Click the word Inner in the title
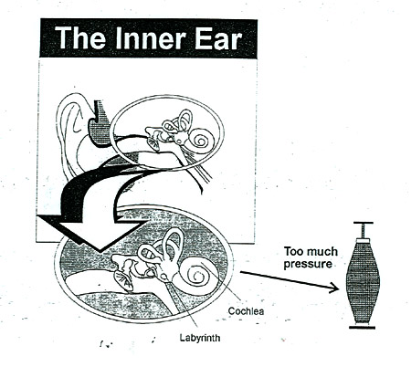pyautogui.click(x=151, y=38)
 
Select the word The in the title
pyautogui.click(x=80, y=38)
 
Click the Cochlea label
pyautogui.click(x=246, y=311)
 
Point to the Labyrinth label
pyautogui.click(x=199, y=338)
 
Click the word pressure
pyautogui.click(x=308, y=264)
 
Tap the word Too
pyautogui.click(x=294, y=252)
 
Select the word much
pyautogui.click(x=322, y=252)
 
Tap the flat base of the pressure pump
pyautogui.click(x=362, y=327)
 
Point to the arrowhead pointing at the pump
pyautogui.click(x=335, y=288)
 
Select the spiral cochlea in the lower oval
pyautogui.click(x=196, y=272)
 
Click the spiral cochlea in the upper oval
pyautogui.click(x=201, y=139)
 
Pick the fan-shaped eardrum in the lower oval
pyautogui.click(x=123, y=280)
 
